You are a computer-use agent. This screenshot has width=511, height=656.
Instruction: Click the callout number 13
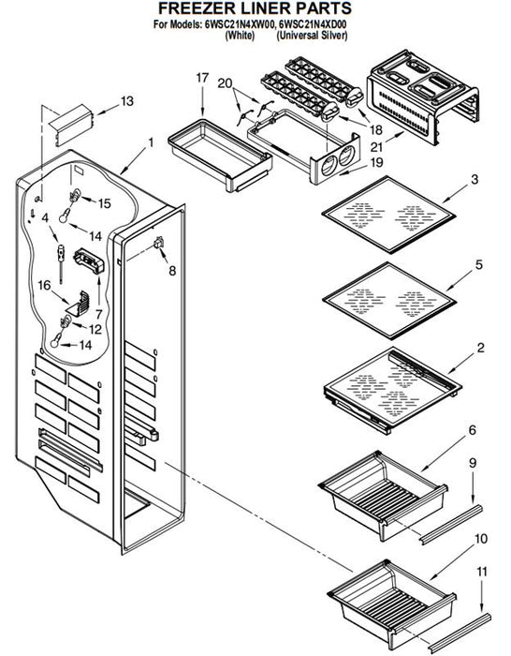[x=127, y=101]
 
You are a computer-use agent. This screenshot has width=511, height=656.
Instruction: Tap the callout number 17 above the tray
[x=202, y=78]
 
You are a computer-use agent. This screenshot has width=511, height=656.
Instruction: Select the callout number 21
[x=376, y=147]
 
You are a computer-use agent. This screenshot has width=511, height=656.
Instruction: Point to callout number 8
[x=172, y=271]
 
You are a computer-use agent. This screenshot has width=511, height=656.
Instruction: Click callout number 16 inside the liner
[x=44, y=285]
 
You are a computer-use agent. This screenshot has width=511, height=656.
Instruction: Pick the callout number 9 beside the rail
[x=472, y=463]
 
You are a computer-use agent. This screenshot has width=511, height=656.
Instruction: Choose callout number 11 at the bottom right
[x=482, y=572]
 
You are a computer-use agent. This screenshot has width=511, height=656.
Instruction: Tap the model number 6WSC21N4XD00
[x=312, y=24]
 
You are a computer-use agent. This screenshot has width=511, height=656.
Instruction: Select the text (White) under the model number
[x=240, y=36]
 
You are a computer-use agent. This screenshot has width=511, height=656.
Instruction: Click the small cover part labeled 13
[x=70, y=125]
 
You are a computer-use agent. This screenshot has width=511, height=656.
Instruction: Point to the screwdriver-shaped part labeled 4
[x=61, y=263]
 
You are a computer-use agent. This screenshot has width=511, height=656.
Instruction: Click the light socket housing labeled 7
[x=89, y=261]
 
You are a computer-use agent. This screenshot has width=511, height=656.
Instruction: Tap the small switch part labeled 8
[x=159, y=242]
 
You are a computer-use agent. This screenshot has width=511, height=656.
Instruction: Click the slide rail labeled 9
[x=450, y=525]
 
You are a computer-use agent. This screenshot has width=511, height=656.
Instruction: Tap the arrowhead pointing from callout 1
[x=123, y=171]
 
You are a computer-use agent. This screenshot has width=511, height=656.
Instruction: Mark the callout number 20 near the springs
[x=225, y=83]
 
